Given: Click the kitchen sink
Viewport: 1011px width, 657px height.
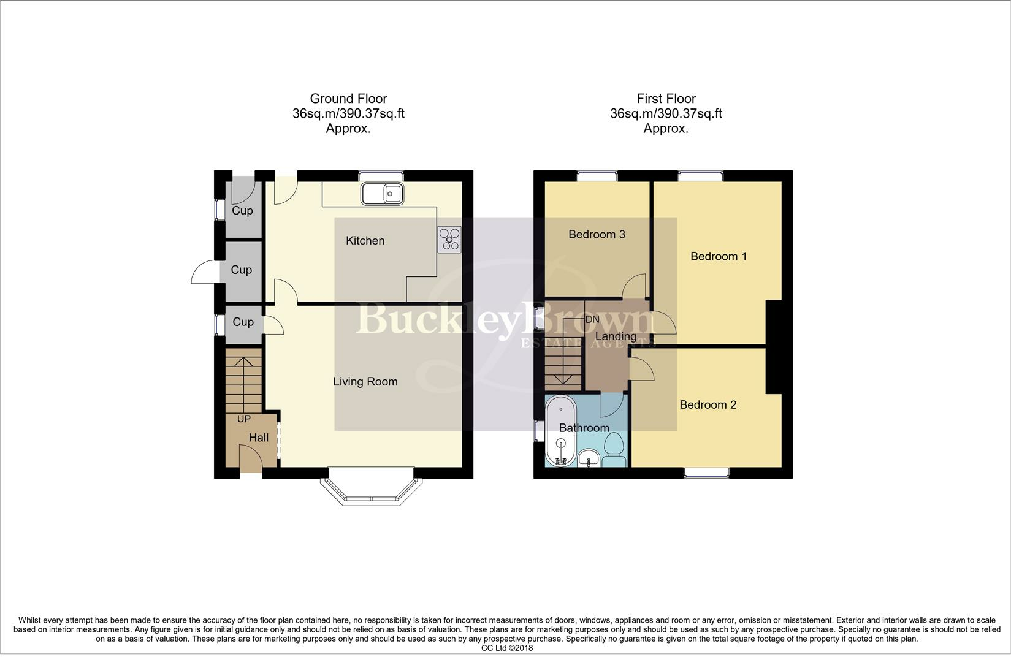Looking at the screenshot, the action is pos(383,194).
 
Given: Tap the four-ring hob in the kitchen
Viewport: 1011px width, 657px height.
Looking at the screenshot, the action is pos(449,239).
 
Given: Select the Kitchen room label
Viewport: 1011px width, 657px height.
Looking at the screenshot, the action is pos(365,240).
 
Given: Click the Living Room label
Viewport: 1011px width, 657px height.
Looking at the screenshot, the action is pos(365,382).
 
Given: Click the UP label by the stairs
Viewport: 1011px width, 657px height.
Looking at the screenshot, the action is pos(244,419).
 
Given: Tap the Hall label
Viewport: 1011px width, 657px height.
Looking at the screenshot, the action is pos(259,437).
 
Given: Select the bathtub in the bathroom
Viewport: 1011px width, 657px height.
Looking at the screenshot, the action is pos(561,430).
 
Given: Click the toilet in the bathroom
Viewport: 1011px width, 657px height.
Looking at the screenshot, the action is pos(614,449).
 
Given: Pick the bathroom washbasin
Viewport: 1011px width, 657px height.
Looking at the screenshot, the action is pos(589,458).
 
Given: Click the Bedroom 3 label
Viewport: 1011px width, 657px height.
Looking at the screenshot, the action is pos(597,234).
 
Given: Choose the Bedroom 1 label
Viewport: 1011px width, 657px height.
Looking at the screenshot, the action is pos(719,256).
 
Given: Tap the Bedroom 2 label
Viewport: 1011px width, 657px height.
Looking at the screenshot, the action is pos(708,404).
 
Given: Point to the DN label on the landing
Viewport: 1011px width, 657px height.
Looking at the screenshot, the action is pos(592,319).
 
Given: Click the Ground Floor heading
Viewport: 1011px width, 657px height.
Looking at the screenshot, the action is pos(348,99).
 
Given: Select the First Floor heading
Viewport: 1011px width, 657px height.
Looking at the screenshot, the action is pos(666,99).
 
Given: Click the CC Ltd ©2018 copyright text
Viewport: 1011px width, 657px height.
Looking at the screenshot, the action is pos(507,648).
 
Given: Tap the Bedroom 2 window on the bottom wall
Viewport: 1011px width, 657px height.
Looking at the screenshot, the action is pos(706,473).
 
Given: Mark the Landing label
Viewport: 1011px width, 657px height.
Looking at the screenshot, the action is pos(616,336).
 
